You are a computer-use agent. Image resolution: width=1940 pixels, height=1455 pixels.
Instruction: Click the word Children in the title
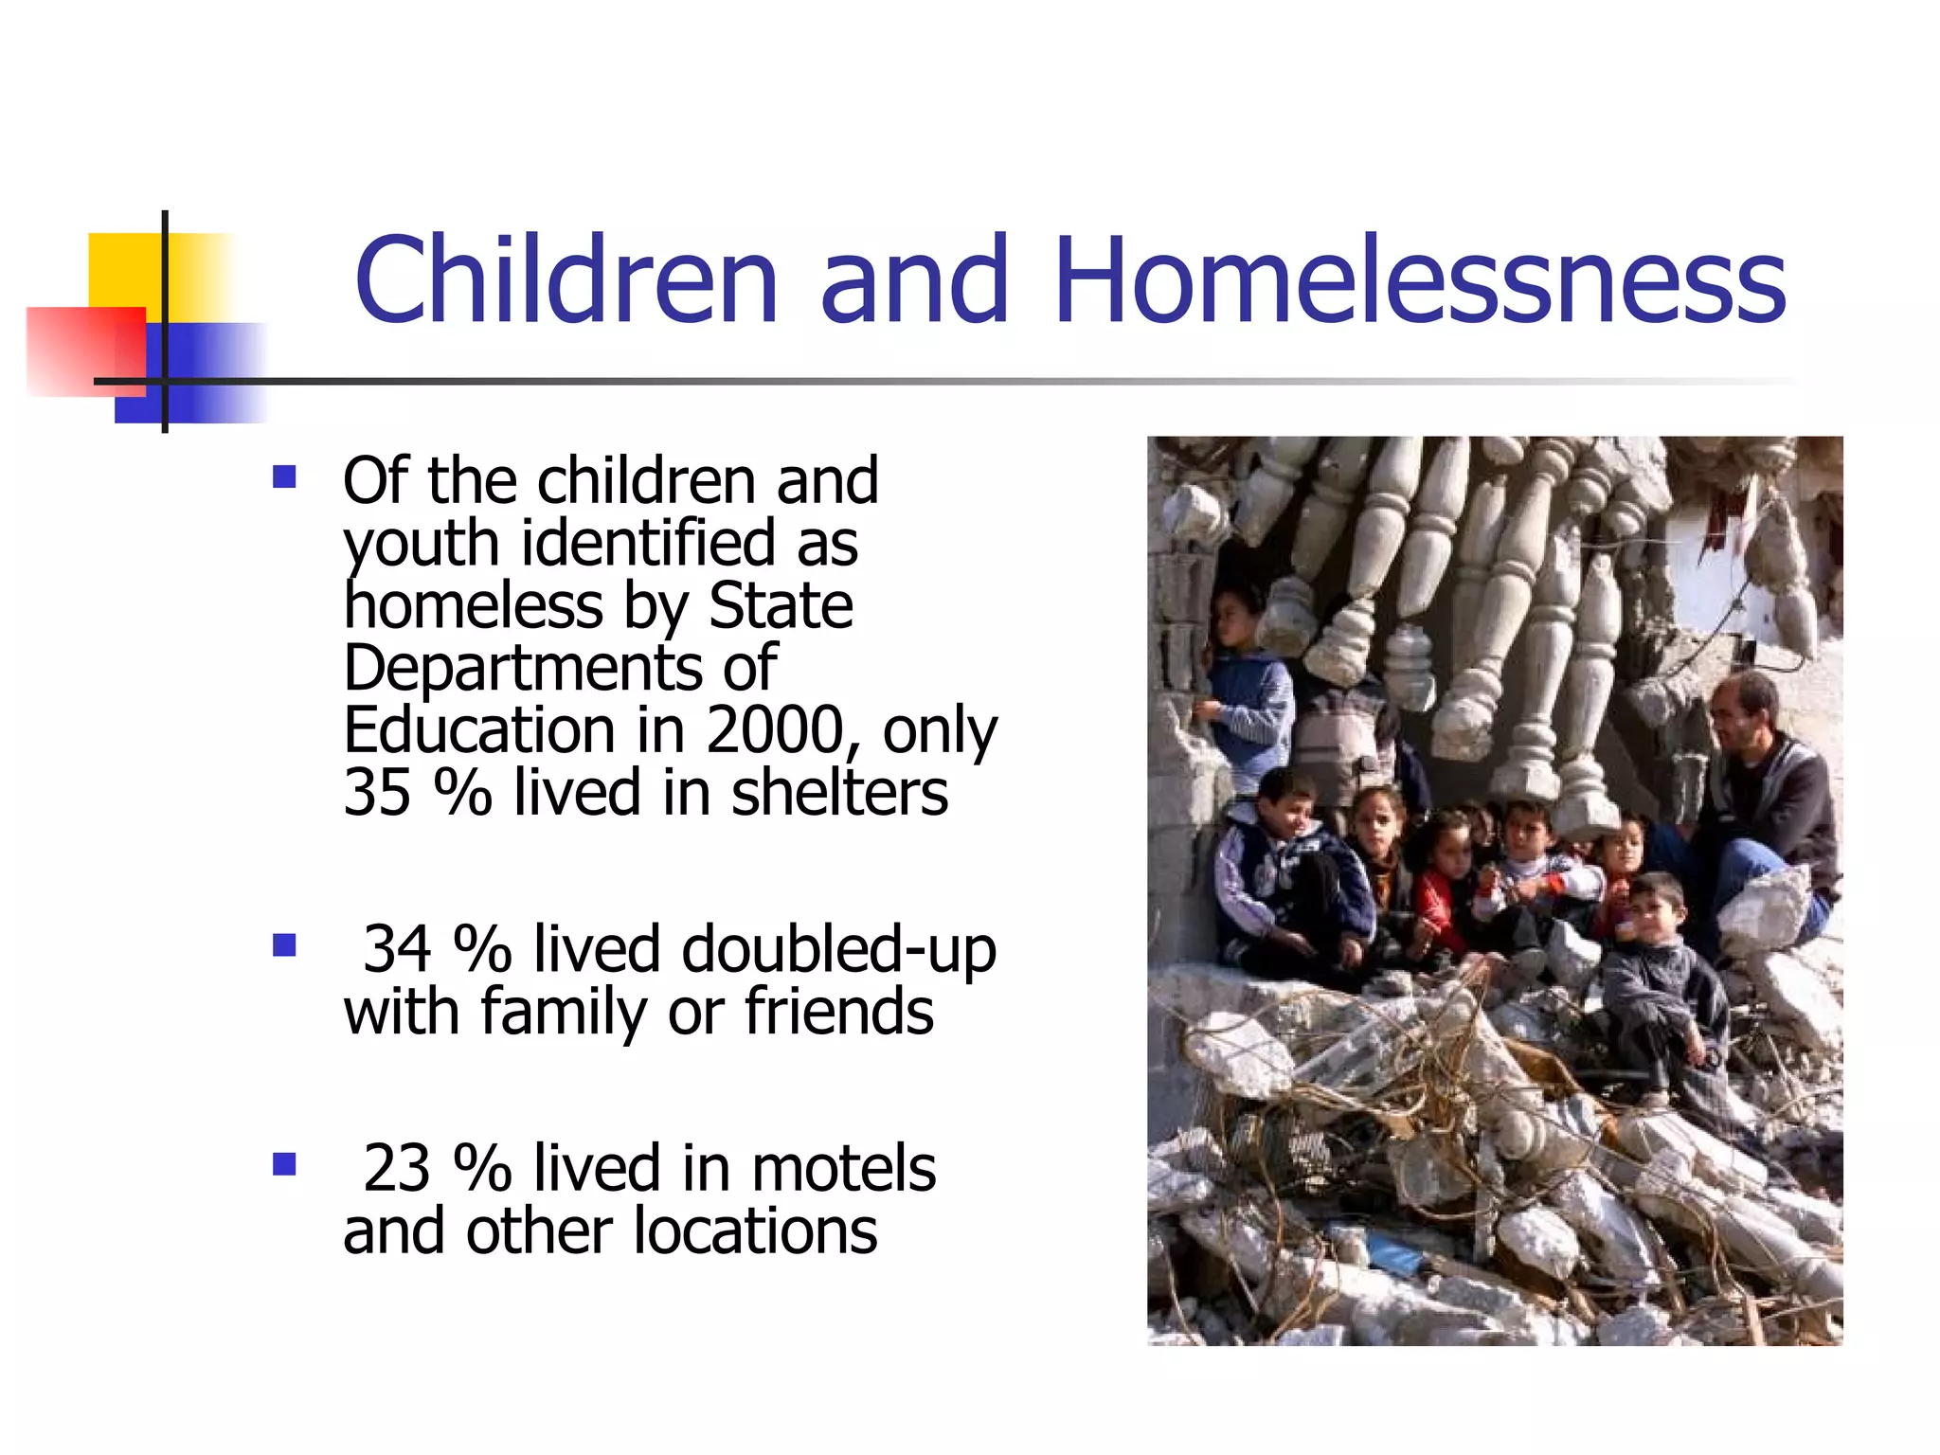(566, 280)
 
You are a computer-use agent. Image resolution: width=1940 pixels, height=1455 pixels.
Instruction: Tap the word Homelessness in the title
(1419, 280)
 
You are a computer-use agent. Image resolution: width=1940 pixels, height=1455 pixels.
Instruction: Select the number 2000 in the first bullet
(775, 730)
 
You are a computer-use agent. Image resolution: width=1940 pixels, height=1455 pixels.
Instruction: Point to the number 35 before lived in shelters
(377, 792)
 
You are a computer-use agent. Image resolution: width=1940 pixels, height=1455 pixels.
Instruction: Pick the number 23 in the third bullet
(398, 1168)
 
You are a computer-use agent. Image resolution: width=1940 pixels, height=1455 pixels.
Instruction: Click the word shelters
(839, 792)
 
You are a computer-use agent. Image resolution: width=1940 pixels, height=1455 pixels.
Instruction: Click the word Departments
(522, 669)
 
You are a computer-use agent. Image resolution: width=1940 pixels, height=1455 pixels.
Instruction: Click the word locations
(755, 1230)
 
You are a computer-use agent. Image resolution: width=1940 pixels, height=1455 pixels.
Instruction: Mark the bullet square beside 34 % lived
(284, 945)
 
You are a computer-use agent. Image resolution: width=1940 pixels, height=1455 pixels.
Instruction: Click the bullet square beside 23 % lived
(284, 1163)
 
